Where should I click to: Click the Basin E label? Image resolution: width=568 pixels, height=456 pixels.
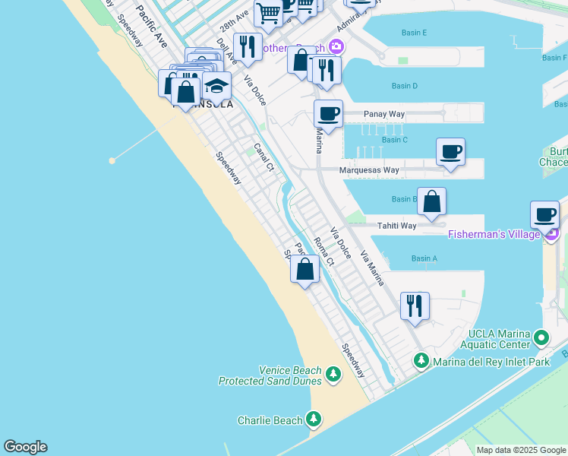(x=413, y=33)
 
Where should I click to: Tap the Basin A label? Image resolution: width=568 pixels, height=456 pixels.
(x=424, y=258)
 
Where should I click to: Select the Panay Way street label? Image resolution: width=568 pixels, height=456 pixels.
(x=383, y=114)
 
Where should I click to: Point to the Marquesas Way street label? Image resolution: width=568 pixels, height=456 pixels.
(x=369, y=170)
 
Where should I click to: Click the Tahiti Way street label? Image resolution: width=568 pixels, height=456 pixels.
(x=397, y=226)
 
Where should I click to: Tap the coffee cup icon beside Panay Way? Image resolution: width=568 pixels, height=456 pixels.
(x=329, y=114)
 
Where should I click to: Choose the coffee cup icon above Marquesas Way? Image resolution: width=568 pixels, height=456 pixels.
(x=450, y=151)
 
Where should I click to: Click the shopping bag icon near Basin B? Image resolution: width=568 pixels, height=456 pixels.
(x=431, y=201)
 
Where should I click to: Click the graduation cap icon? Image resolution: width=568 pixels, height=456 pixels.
(x=216, y=85)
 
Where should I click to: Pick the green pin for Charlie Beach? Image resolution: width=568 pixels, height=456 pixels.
(x=314, y=420)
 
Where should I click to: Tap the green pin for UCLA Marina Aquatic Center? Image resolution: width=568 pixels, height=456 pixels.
(x=541, y=337)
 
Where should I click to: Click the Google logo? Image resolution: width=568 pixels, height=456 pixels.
(x=25, y=447)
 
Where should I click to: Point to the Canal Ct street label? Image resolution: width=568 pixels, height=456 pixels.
(x=263, y=157)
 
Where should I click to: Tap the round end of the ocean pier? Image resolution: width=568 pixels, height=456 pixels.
(x=112, y=160)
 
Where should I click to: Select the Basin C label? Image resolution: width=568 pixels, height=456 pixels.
(x=395, y=140)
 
